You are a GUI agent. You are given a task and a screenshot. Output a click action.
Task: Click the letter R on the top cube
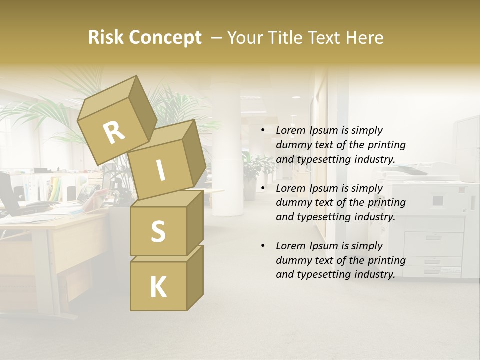[114, 133]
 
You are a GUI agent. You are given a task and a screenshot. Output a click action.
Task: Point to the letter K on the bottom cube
[158, 287]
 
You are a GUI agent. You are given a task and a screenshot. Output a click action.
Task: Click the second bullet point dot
[263, 188]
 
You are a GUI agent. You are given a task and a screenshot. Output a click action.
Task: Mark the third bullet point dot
[263, 246]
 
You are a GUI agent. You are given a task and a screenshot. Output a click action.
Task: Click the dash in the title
[216, 37]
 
